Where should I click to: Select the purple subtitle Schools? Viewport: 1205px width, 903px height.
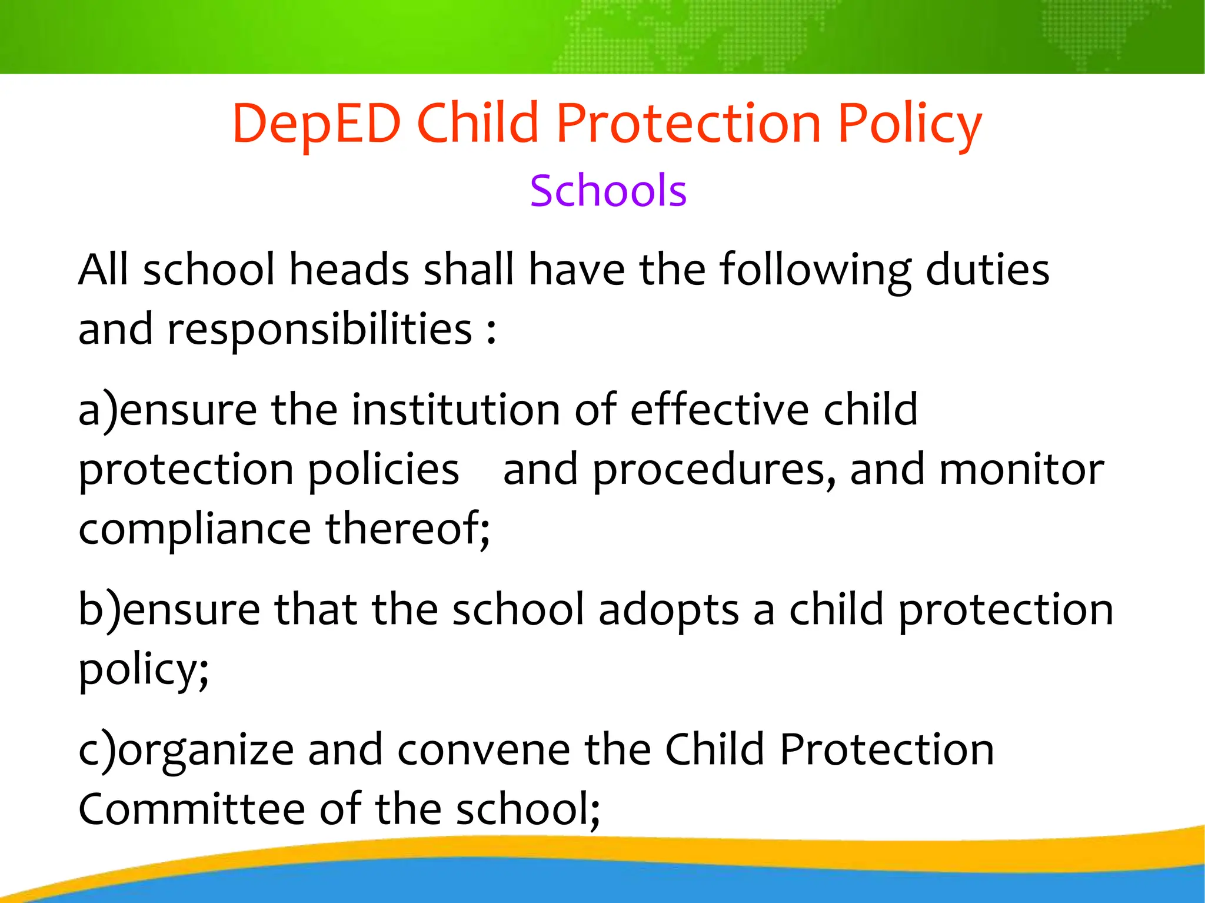coord(608,191)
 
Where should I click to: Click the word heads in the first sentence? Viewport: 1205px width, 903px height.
coord(349,270)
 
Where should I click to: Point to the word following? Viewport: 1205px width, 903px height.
coord(815,270)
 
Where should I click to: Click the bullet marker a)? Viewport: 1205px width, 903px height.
coord(98,410)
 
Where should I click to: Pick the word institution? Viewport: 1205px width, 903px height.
coord(455,410)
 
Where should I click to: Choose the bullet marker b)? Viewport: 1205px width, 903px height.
coord(99,610)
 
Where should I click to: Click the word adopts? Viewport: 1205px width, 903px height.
coord(668,610)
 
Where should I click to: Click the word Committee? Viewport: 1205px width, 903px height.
coord(192,809)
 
